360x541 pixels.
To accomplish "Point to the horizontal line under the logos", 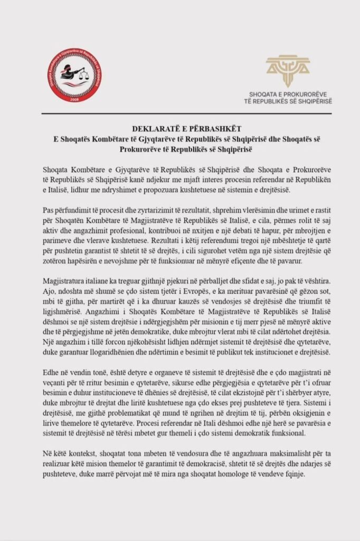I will (179, 113).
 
